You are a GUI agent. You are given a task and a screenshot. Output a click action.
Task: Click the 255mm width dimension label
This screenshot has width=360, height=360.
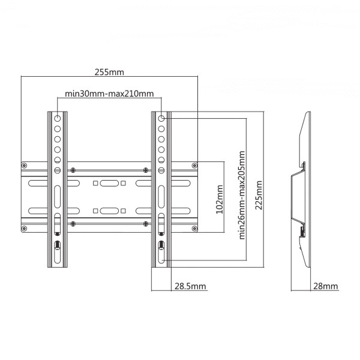point(109,72)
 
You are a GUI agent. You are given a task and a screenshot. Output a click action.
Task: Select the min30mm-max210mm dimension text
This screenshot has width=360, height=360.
point(109,94)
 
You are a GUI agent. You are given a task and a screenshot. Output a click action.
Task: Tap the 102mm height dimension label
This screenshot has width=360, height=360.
point(220,199)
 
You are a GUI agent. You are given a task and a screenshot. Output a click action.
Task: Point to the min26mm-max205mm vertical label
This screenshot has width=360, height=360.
point(242,195)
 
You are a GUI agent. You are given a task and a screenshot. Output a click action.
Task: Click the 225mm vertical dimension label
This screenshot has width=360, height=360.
point(259,195)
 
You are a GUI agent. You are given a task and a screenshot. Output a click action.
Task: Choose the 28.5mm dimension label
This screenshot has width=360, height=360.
point(190,286)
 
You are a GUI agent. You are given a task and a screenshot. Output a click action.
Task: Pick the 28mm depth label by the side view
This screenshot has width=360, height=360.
point(326,286)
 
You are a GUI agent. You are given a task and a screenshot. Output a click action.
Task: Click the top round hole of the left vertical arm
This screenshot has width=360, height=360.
point(58,118)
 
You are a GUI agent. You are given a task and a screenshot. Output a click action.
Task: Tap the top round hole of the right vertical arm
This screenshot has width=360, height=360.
point(161,118)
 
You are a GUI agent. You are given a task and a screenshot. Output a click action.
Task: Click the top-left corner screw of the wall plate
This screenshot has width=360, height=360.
point(24,166)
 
